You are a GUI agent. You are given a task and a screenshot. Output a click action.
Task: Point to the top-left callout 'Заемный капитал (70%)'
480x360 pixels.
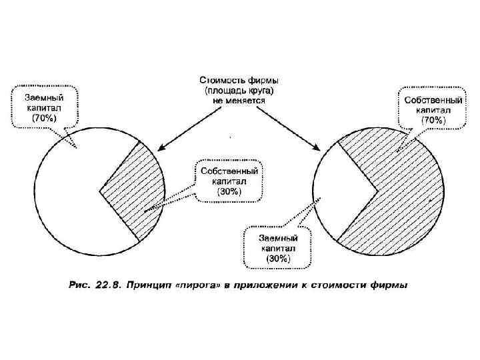coord(45,106)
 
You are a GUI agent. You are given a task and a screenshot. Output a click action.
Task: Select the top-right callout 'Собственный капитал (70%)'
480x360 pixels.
coord(433,109)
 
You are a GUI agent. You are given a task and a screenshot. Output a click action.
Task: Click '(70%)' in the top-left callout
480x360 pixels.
coord(45,117)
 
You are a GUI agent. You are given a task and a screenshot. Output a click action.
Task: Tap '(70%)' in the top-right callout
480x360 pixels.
coord(433,121)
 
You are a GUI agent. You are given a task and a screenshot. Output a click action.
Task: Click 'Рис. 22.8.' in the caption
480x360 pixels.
coord(95,285)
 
